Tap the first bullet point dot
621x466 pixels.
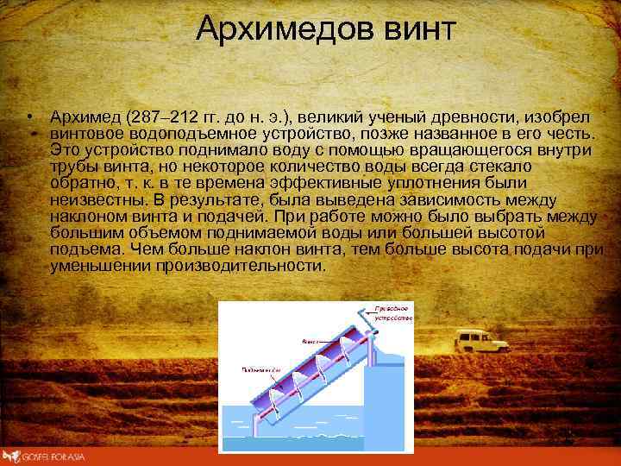pos(28,116)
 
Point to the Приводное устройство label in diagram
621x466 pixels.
pos(394,312)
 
